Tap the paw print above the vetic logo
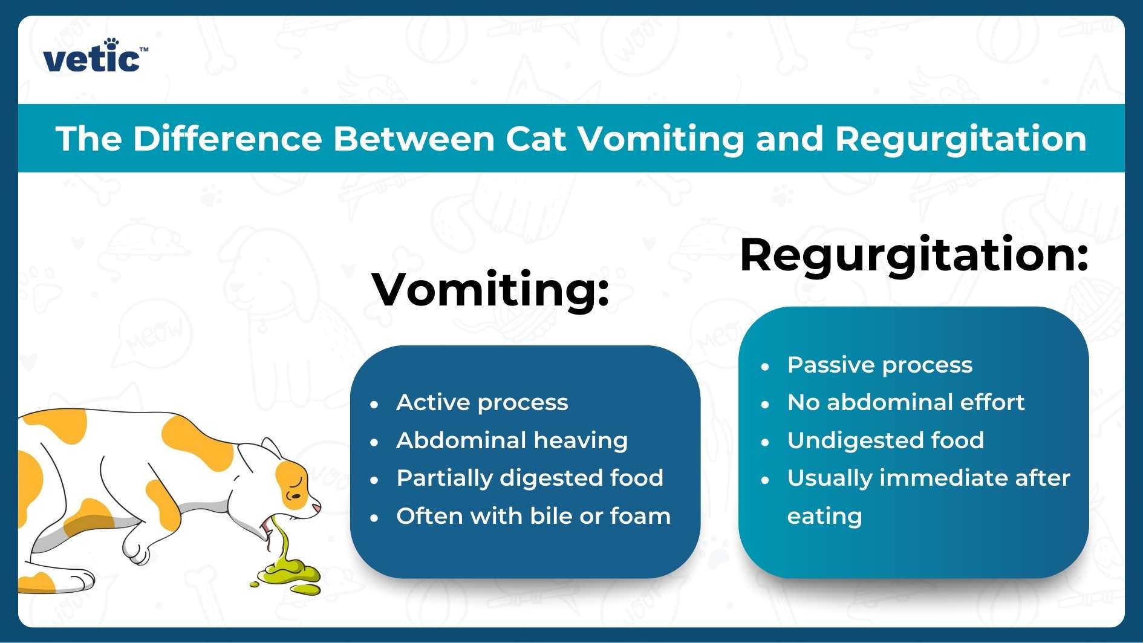pyautogui.click(x=111, y=44)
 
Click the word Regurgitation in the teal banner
pyautogui.click(x=960, y=139)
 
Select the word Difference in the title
pyautogui.click(x=227, y=139)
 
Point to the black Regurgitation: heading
pyautogui.click(x=913, y=255)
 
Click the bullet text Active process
pyautogui.click(x=482, y=402)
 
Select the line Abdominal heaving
pyautogui.click(x=512, y=440)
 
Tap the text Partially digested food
pyautogui.click(x=530, y=478)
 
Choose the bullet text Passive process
pyautogui.click(x=879, y=365)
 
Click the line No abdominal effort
pyautogui.click(x=905, y=402)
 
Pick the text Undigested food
pyautogui.click(x=885, y=440)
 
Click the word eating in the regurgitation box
pyautogui.click(x=824, y=516)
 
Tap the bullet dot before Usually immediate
pyautogui.click(x=765, y=480)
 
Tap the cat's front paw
pyautogui.click(x=137, y=551)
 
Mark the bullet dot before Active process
pyautogui.click(x=374, y=404)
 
